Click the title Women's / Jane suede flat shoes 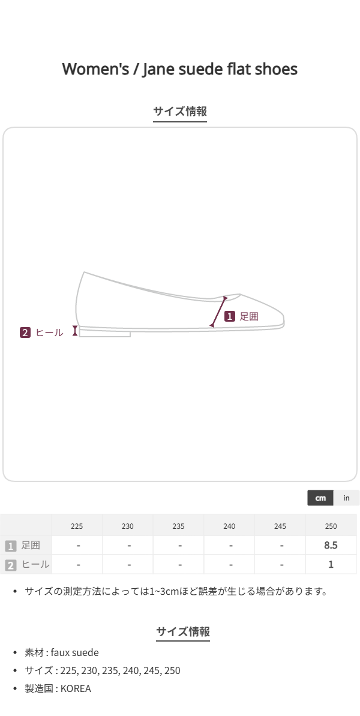[180, 70]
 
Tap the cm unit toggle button [320, 498]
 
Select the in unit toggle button [346, 498]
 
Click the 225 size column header [77, 526]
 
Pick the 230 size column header [128, 526]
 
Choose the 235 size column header [178, 526]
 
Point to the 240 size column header [229, 526]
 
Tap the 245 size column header [280, 526]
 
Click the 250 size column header [331, 526]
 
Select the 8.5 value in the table [331, 545]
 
